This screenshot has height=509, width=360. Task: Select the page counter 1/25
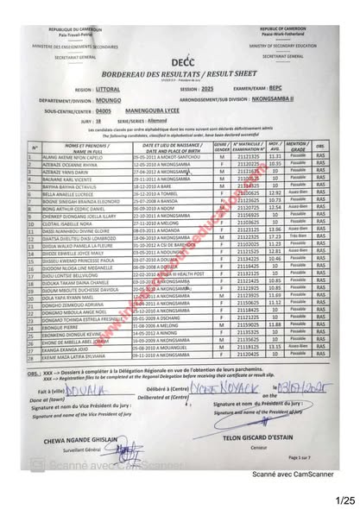coord(344,500)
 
